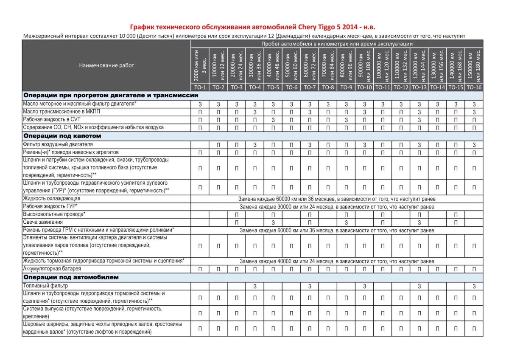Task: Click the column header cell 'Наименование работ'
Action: click(x=106, y=65)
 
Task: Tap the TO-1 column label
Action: click(x=200, y=87)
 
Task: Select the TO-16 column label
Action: click(x=474, y=87)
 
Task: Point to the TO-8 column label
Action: click(x=328, y=87)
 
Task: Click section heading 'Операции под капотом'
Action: click(x=62, y=136)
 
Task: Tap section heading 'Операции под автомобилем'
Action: click(x=71, y=277)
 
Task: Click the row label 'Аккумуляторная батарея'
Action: click(x=52, y=269)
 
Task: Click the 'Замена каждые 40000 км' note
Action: click(x=337, y=261)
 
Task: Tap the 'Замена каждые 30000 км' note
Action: click(x=337, y=207)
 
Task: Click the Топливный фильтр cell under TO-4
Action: click(x=255, y=287)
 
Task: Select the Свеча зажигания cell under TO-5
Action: click(x=273, y=222)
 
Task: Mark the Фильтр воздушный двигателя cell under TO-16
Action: click(x=474, y=145)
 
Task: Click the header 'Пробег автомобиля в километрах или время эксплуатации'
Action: click(x=337, y=44)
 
